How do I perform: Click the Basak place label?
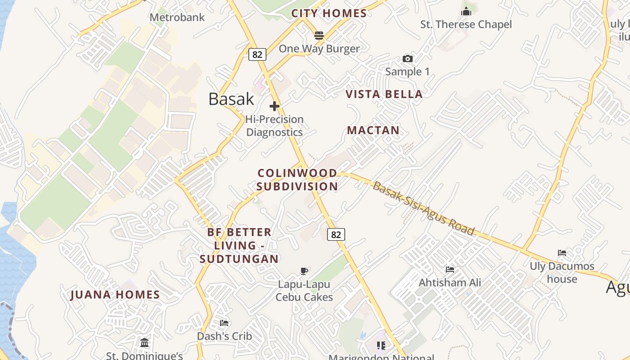pyautogui.click(x=231, y=99)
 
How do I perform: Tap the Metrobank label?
pyautogui.click(x=177, y=18)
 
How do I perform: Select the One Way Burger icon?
pyautogui.click(x=319, y=36)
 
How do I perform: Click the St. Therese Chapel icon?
pyautogui.click(x=466, y=11)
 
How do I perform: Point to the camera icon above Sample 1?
pyautogui.click(x=407, y=59)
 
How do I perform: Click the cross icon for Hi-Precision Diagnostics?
pyautogui.click(x=274, y=106)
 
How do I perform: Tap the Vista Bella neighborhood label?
pyautogui.click(x=384, y=94)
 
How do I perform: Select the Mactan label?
pyautogui.click(x=373, y=130)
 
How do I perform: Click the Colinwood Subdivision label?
pyautogui.click(x=297, y=180)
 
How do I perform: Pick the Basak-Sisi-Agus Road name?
pyautogui.click(x=423, y=208)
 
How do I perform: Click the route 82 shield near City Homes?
pyautogui.click(x=257, y=54)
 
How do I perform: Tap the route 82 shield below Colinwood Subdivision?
pyautogui.click(x=336, y=234)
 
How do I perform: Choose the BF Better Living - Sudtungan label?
pyautogui.click(x=239, y=245)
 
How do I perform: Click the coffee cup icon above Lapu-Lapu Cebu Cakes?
pyautogui.click(x=304, y=271)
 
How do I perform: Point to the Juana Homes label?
pyautogui.click(x=115, y=295)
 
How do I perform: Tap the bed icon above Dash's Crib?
pyautogui.click(x=224, y=323)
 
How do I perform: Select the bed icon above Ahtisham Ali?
pyautogui.click(x=450, y=270)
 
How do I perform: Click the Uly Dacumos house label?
pyautogui.click(x=562, y=272)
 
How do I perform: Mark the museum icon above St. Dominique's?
pyautogui.click(x=144, y=343)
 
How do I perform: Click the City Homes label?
pyautogui.click(x=329, y=13)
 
